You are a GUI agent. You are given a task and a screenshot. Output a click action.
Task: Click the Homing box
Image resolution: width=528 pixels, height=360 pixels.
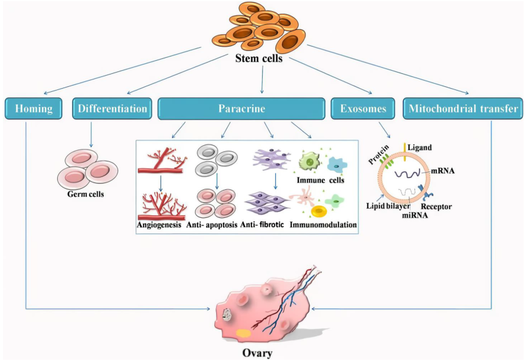click(35, 109)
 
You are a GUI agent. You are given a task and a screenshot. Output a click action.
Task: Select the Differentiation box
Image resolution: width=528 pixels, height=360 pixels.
click(112, 109)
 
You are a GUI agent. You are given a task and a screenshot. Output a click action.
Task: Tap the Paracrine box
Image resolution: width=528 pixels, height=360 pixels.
click(241, 109)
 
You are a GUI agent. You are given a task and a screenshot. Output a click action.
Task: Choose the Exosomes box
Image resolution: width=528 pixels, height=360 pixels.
click(363, 109)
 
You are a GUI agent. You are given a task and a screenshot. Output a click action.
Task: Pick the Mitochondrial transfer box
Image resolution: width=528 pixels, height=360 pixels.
click(463, 109)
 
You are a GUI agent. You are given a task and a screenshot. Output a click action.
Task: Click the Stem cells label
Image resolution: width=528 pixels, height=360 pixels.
click(259, 60)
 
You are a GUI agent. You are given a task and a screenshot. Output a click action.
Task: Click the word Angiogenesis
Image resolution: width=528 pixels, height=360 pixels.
click(159, 225)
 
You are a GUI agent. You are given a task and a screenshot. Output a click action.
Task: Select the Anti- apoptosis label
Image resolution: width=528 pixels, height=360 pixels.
click(212, 225)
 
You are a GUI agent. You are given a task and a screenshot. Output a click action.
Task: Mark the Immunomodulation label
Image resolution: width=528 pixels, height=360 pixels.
click(324, 225)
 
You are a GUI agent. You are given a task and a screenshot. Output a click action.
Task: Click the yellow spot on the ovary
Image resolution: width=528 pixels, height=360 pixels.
click(244, 332)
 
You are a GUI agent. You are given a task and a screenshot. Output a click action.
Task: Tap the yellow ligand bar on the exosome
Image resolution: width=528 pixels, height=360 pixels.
click(405, 148)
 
